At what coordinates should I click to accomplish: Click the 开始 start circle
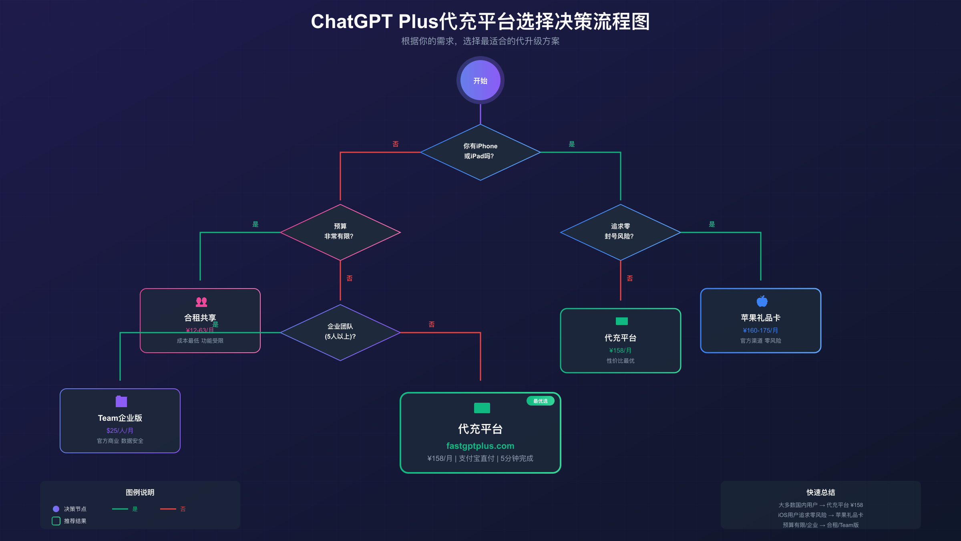[480, 81]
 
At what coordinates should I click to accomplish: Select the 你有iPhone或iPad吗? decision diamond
[480, 152]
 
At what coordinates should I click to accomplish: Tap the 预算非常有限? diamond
[340, 232]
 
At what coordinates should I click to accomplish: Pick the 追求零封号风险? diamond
[620, 232]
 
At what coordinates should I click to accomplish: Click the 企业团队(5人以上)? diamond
[340, 332]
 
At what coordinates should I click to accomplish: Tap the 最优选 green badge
[540, 401]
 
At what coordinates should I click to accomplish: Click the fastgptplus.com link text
[480, 446]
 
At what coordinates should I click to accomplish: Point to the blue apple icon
[762, 301]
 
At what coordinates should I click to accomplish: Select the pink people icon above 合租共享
[201, 302]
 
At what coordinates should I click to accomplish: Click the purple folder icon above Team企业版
[121, 401]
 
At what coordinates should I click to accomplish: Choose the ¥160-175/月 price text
[760, 330]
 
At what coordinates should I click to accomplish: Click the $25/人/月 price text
[120, 430]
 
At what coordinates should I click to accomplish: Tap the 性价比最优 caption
[620, 361]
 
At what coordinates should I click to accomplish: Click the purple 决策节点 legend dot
[56, 509]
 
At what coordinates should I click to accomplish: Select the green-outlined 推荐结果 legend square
[56, 521]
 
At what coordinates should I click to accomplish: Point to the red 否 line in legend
[168, 509]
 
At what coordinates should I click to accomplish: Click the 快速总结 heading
[820, 492]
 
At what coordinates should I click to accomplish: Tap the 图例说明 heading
[140, 492]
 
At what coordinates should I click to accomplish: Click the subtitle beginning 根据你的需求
[480, 41]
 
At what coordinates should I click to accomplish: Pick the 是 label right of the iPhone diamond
[572, 144]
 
